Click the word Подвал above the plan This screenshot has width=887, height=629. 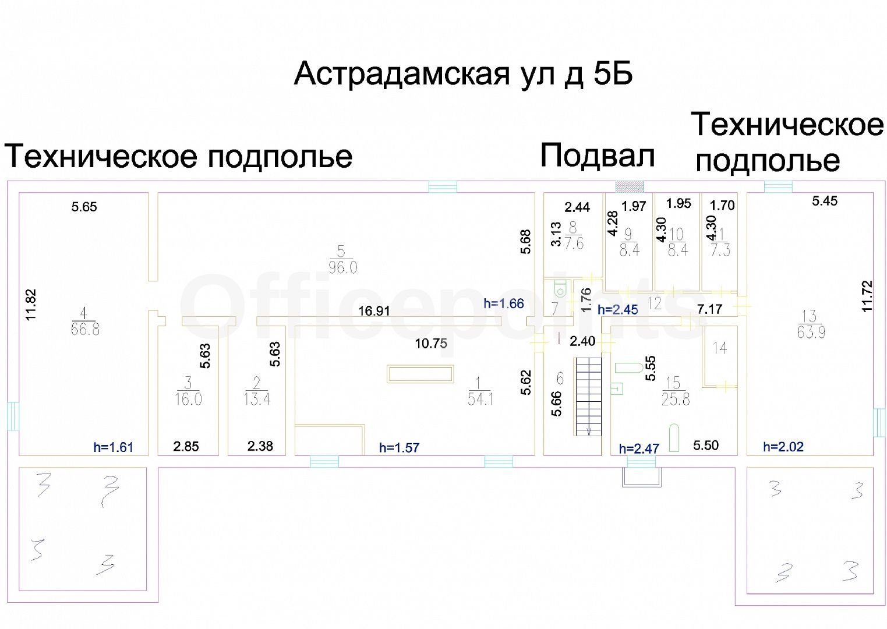pos(597,156)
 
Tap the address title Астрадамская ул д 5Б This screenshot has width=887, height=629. pos(463,74)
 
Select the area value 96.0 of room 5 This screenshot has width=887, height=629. pos(343,268)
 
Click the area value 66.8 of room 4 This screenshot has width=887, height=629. pos(85,330)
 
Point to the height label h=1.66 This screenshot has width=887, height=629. pos(503,303)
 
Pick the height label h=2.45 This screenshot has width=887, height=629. pos(617,310)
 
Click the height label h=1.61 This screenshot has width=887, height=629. pos(113,447)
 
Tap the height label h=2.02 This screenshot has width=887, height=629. pos(783,447)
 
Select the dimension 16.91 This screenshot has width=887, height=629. pos(374,311)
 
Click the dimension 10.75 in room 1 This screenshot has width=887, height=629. pos(431,344)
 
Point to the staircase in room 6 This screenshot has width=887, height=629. pos(588,396)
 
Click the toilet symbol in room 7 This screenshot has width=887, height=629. pos(560,289)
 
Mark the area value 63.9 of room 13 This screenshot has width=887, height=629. pos(811,333)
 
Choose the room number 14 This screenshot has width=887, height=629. pos(720,348)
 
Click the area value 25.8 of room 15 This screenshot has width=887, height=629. pos(676,400)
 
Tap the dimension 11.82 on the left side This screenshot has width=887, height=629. pos(31,305)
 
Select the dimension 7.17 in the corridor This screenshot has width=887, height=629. pos(709,309)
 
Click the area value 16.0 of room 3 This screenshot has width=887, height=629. pos(188,400)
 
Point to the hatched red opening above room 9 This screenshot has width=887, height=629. pos(630,186)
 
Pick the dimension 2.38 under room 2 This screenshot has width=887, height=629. pos(260,446)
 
